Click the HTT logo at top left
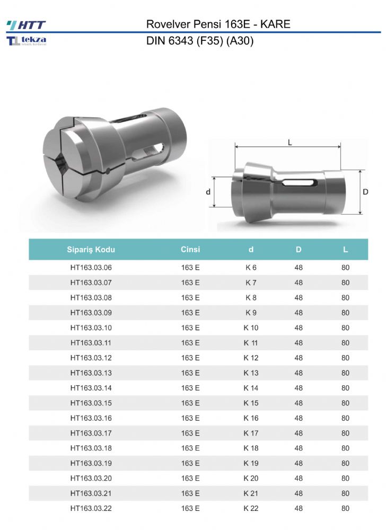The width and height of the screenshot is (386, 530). pyautogui.click(x=26, y=25)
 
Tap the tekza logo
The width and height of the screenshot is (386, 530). pyautogui.click(x=27, y=41)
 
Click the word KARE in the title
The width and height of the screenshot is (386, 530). pyautogui.click(x=275, y=24)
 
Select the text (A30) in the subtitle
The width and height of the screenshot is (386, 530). pyautogui.click(x=240, y=41)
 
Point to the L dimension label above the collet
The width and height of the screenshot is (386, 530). pyautogui.click(x=289, y=143)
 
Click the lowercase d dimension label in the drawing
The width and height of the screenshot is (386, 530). pyautogui.click(x=208, y=192)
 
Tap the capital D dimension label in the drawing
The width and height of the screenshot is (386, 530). pyautogui.click(x=365, y=192)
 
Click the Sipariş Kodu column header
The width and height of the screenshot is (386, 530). pyautogui.click(x=91, y=250)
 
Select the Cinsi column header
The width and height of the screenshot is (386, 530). pyautogui.click(x=190, y=250)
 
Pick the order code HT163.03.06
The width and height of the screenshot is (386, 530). pyautogui.click(x=91, y=267)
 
